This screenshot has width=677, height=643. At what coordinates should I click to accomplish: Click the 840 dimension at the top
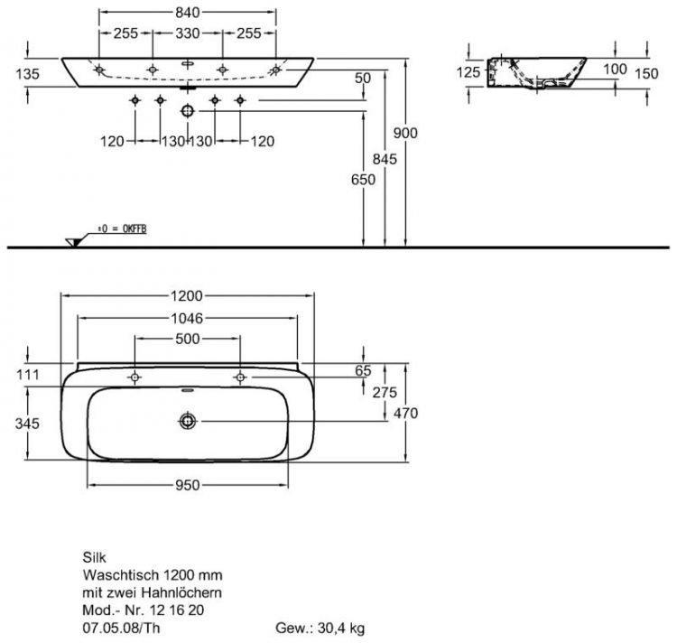coord(188,13)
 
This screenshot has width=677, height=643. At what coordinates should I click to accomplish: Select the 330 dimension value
coord(188,33)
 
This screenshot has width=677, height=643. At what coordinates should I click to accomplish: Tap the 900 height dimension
coord(405,133)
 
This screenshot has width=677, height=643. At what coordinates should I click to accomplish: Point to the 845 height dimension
coord(385,159)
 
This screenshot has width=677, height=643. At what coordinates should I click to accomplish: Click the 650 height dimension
coord(363,179)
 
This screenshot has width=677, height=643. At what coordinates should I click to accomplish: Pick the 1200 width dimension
coord(187,296)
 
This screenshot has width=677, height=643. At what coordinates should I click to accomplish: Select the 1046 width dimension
coord(187,318)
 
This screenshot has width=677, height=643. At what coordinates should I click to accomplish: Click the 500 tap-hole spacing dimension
coord(188,339)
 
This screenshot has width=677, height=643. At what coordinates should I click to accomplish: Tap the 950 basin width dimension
coord(188,485)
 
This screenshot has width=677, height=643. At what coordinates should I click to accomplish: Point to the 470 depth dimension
coord(406,414)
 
